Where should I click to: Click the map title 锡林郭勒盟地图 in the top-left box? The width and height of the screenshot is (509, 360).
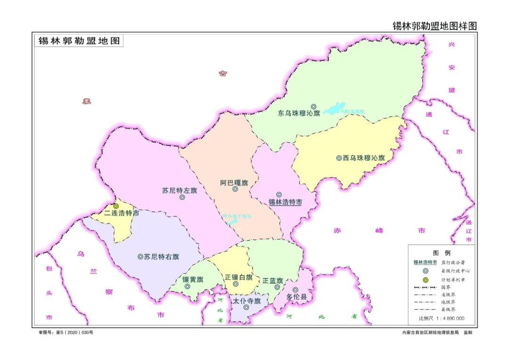click(x=79, y=41)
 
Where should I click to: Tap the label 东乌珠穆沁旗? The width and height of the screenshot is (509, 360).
click(x=299, y=114)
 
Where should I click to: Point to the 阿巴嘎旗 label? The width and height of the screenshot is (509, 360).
click(x=234, y=182)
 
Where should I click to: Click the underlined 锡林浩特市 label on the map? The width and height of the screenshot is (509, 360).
click(x=285, y=203)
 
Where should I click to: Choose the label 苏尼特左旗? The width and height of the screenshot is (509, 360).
click(x=180, y=191)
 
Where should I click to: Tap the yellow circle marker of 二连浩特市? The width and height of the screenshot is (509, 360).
click(x=116, y=206)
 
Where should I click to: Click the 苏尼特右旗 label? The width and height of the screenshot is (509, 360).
click(x=161, y=257)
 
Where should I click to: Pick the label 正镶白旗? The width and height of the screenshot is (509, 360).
click(x=238, y=277)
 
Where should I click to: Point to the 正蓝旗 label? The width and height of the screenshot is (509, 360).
click(x=273, y=280)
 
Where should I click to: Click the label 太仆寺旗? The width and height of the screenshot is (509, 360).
click(x=246, y=301)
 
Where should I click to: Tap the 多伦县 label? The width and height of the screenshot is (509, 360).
click(x=296, y=297)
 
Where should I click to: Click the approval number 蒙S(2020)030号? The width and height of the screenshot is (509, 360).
click(x=66, y=332)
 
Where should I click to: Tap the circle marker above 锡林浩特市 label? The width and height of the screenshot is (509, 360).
click(x=279, y=195)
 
